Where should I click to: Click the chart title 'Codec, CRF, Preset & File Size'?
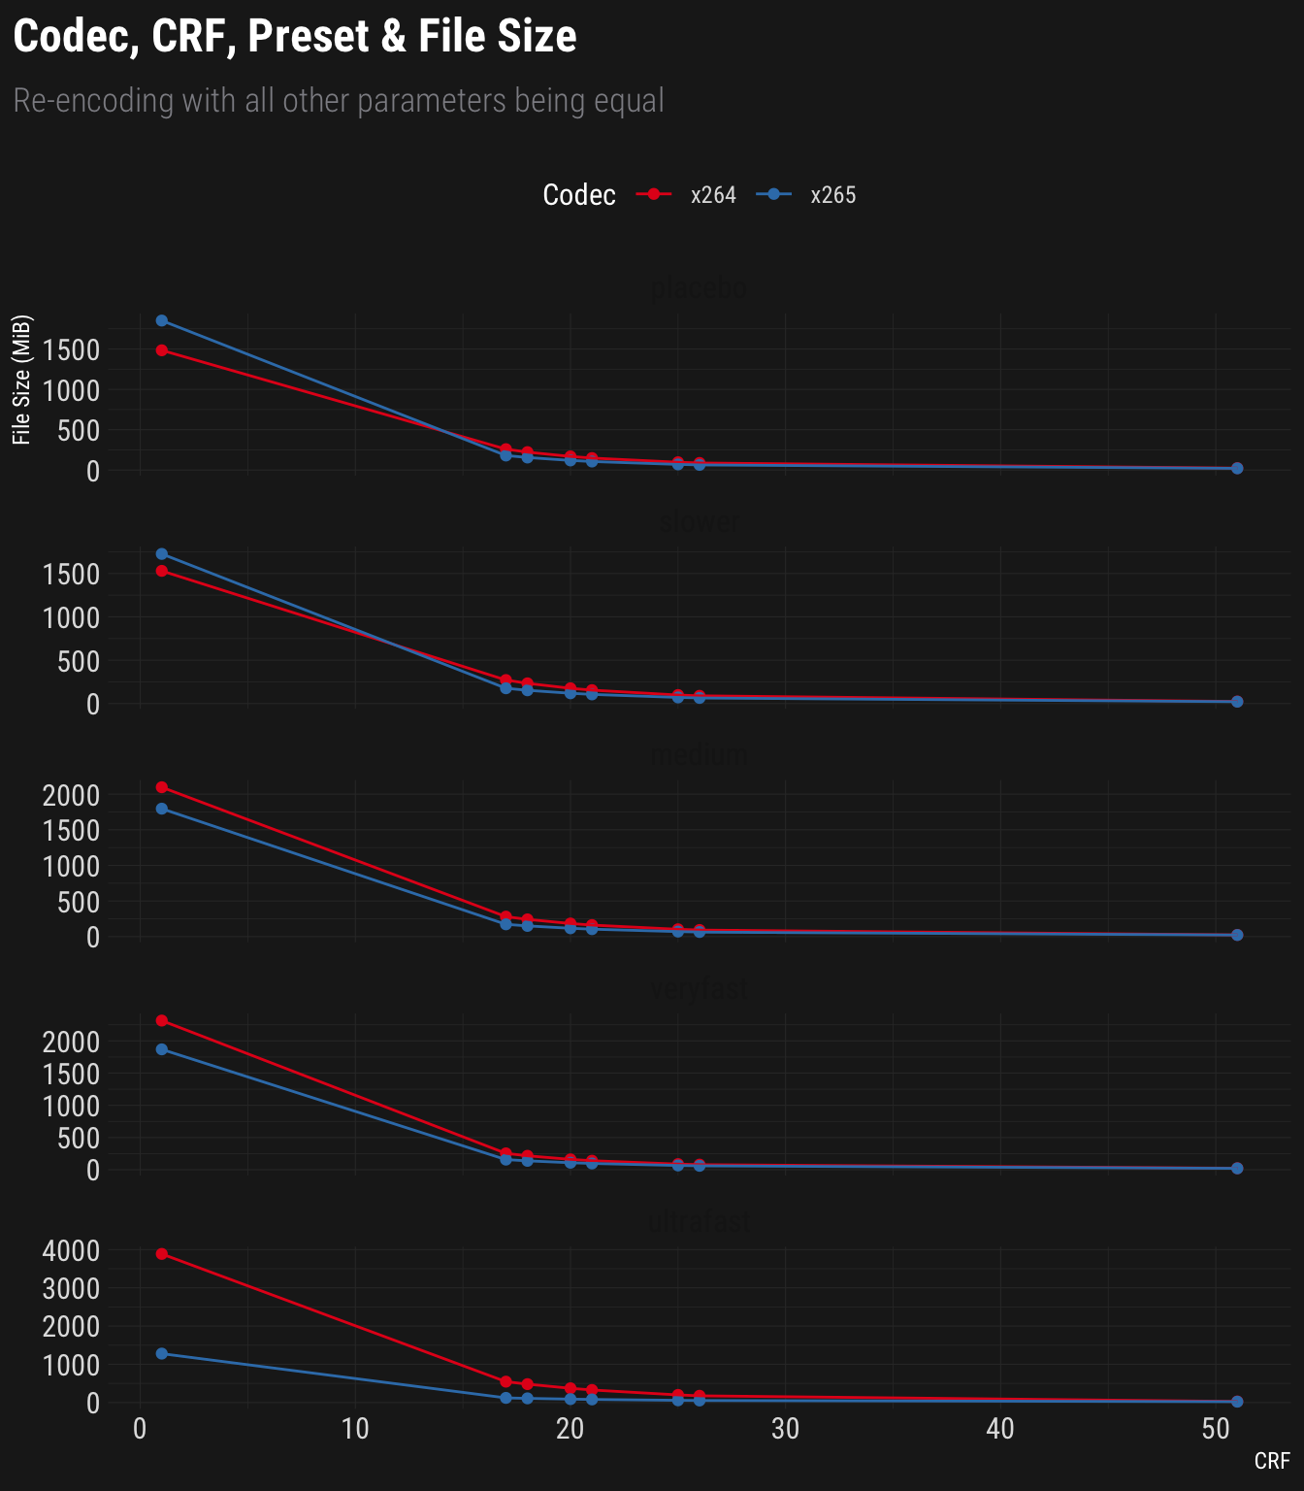click(x=295, y=37)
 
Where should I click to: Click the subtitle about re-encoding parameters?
click(x=339, y=100)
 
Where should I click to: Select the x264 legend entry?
click(x=712, y=195)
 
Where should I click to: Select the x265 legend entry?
click(x=832, y=195)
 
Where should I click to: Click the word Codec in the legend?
click(x=579, y=195)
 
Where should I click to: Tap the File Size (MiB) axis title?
click(x=22, y=380)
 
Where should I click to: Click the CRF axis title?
click(x=1272, y=1461)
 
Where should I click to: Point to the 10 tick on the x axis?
click(x=355, y=1430)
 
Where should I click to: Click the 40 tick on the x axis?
click(x=1000, y=1430)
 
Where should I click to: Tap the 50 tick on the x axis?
click(x=1215, y=1430)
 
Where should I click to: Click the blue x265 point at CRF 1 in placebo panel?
click(x=162, y=321)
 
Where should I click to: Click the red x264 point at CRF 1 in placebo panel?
click(x=162, y=350)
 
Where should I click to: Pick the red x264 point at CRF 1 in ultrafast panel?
click(x=162, y=1254)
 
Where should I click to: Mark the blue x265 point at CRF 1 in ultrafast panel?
click(x=162, y=1353)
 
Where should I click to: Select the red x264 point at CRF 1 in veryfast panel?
click(x=162, y=1020)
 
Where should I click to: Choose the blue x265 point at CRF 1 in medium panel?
click(x=162, y=809)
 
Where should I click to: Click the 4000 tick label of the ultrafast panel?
click(x=72, y=1250)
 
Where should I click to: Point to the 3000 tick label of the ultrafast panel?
click(x=72, y=1288)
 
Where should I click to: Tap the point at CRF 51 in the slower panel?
click(x=1237, y=702)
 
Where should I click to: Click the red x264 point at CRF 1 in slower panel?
click(x=162, y=571)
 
